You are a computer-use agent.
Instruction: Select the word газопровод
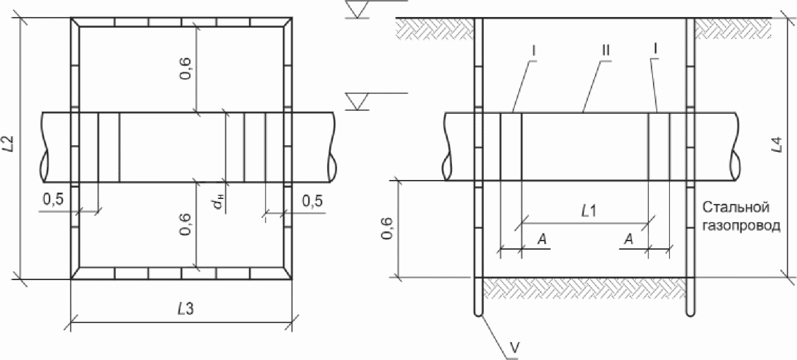(742, 226)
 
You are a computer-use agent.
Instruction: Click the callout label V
(514, 347)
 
